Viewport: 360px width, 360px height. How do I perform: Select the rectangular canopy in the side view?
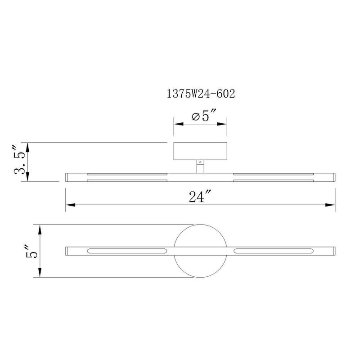pos(200,152)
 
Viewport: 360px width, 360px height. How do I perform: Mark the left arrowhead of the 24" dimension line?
pos(70,206)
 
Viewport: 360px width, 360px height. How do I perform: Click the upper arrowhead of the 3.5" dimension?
pos(28,146)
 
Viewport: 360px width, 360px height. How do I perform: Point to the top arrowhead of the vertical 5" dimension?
pos(41,228)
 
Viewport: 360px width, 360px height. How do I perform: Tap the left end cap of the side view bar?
pos(67,176)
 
